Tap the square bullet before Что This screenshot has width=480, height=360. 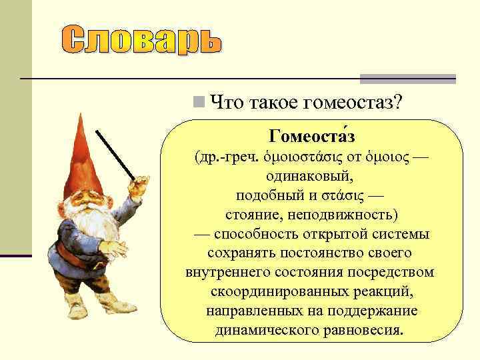click(197, 102)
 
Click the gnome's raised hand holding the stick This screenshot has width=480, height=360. click(139, 189)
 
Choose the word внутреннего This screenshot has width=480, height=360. click(229, 273)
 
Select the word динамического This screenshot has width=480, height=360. click(264, 330)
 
